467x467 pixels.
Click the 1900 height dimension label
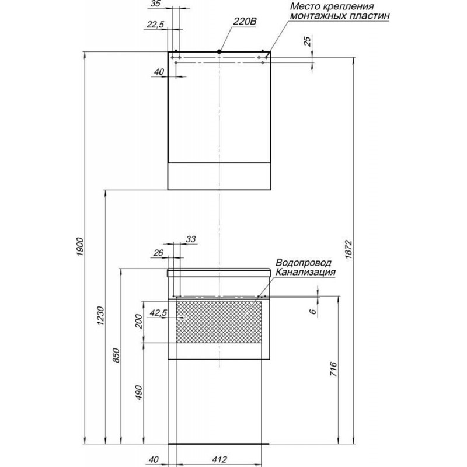pyautogui.click(x=81, y=246)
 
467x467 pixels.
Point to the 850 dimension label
pyautogui.click(x=116, y=355)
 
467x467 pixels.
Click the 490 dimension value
pyautogui.click(x=139, y=392)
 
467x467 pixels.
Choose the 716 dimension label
pyautogui.click(x=333, y=369)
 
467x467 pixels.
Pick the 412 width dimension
pyautogui.click(x=220, y=459)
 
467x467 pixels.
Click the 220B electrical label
pyautogui.click(x=245, y=22)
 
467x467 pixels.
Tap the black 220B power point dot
pyautogui.click(x=219, y=51)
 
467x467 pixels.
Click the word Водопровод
pyautogui.click(x=303, y=263)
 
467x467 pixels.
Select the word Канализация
pyautogui.click(x=305, y=272)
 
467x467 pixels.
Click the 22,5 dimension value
pyautogui.click(x=155, y=25)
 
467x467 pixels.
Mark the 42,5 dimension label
pyautogui.click(x=158, y=313)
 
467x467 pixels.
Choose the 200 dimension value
pyautogui.click(x=139, y=321)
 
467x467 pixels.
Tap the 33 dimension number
pyautogui.click(x=191, y=239)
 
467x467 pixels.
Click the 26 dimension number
pyautogui.click(x=158, y=253)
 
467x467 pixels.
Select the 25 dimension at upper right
pyautogui.click(x=308, y=40)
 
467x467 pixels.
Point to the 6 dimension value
pyautogui.click(x=313, y=312)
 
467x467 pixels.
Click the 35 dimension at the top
pyautogui.click(x=156, y=4)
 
